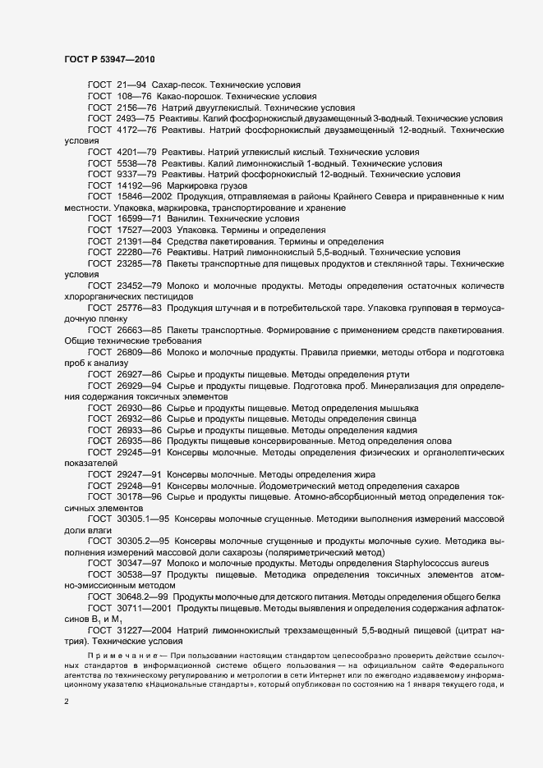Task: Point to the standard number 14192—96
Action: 140,186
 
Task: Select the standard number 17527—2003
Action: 145,231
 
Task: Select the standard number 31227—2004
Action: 145,629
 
